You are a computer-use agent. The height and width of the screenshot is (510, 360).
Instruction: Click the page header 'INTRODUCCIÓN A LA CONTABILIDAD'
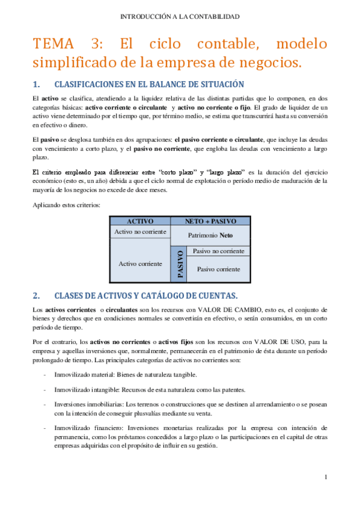coord(180,16)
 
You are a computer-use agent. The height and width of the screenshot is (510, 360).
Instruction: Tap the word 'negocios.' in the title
coord(269,62)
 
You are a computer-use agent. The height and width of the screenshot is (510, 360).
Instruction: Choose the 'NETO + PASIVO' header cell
coord(210,221)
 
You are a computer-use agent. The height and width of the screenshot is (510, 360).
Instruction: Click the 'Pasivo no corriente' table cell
coord(218,251)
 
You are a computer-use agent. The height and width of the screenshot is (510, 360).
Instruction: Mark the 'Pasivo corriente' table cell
coord(218,269)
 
